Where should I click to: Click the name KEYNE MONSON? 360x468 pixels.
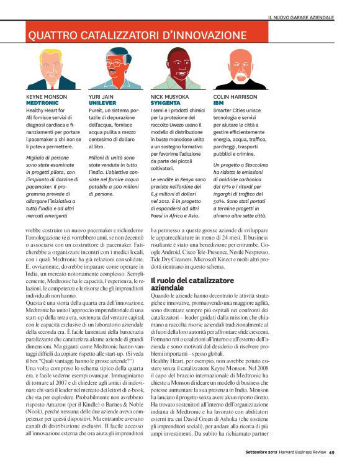coord(47,97)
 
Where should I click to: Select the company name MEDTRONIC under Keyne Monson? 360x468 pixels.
coord(41,103)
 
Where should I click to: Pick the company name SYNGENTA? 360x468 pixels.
coord(166,103)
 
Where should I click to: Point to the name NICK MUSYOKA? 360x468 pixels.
coord(170,97)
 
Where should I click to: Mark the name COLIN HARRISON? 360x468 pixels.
coord(235,97)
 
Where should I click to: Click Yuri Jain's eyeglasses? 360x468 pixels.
coord(115,65)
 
